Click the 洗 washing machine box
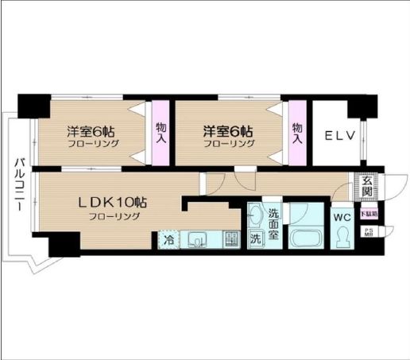[256, 238]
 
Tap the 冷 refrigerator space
[169, 238]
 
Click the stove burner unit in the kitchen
[231, 238]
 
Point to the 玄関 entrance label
[366, 188]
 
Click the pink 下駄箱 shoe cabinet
[368, 213]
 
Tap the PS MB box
[369, 232]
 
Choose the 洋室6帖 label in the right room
[228, 130]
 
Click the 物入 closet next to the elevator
[297, 133]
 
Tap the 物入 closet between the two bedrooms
[161, 133]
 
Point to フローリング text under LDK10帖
[114, 216]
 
